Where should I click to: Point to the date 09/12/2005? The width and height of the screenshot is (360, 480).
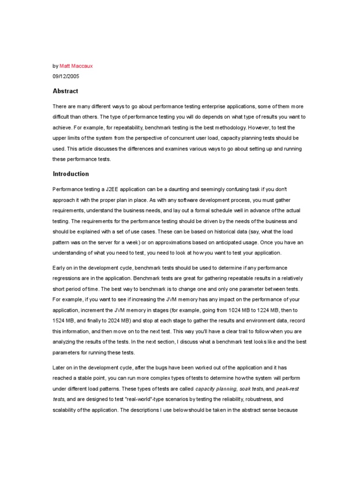[66, 77]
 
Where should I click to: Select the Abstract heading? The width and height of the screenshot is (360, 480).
[66, 91]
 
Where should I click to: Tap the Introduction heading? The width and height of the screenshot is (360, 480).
[71, 174]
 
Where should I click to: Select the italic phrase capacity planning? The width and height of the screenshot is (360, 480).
[216, 389]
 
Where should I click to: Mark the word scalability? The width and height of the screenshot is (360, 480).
[66, 410]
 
